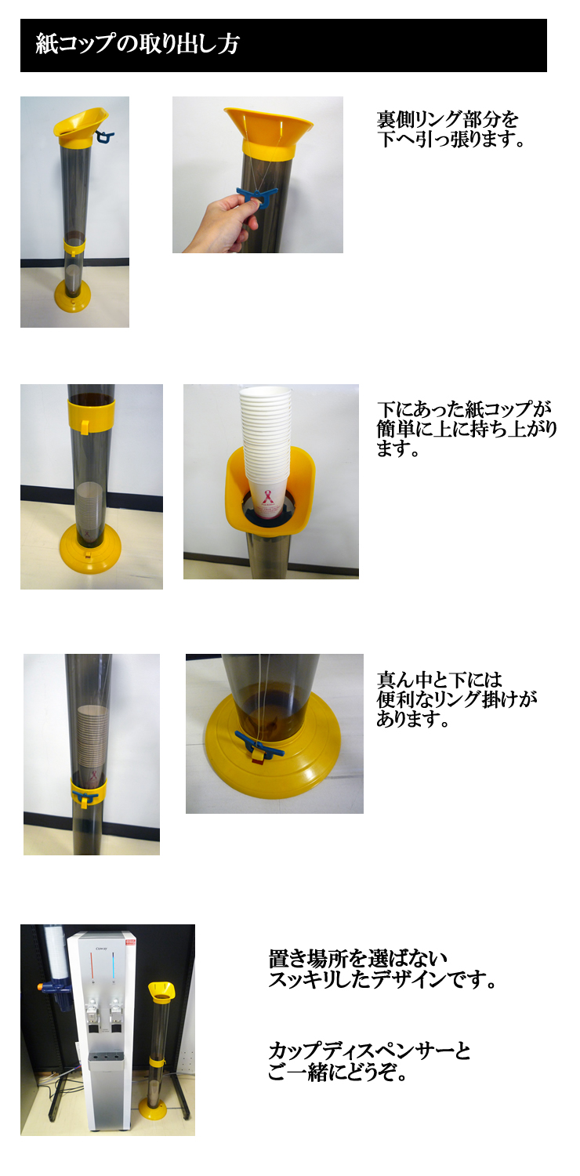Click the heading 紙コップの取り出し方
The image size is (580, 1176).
[137, 44]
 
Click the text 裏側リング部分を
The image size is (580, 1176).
[448, 120]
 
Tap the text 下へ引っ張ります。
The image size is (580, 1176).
[451, 140]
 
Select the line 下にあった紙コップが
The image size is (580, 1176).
[464, 409]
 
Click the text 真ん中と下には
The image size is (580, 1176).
[440, 680]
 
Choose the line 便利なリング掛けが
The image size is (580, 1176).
[457, 699]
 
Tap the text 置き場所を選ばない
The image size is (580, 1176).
[357, 959]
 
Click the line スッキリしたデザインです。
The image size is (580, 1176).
[382, 979]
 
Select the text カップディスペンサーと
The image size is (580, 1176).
[369, 1051]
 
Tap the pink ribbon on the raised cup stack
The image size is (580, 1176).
[268, 495]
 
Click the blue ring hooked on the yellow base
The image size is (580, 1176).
[259, 743]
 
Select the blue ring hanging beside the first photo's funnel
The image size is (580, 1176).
[105, 137]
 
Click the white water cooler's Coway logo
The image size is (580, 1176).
[101, 949]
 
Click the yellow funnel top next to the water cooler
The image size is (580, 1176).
[161, 990]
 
